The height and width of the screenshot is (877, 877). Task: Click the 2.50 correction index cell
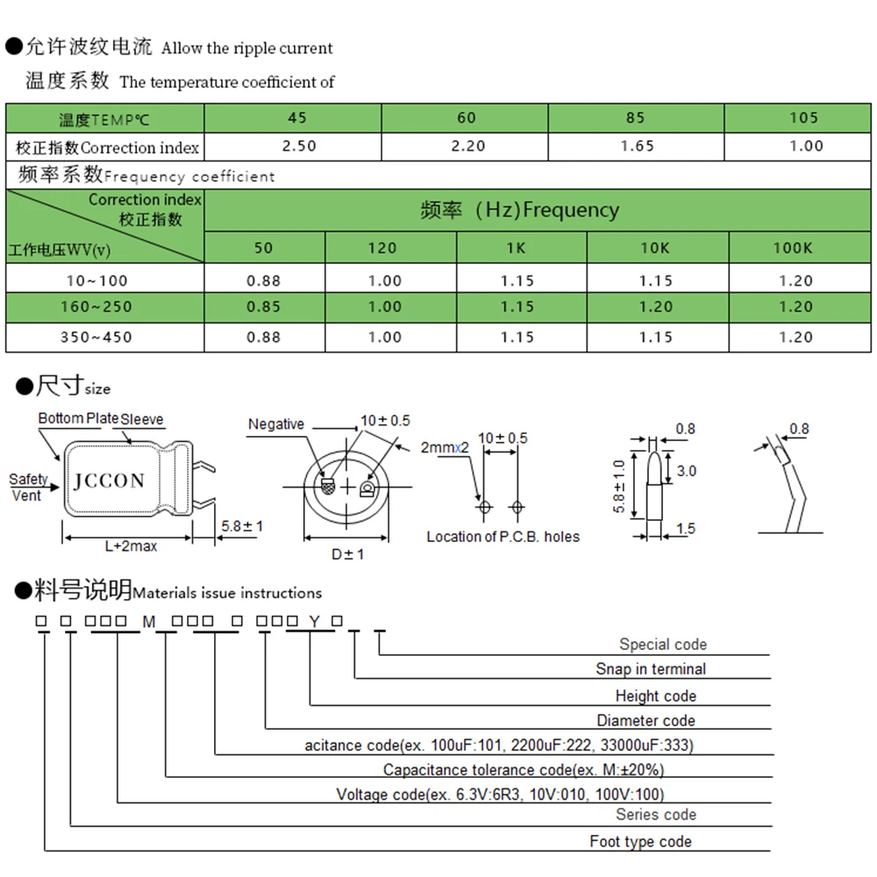(300, 146)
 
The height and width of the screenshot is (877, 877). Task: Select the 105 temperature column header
(803, 118)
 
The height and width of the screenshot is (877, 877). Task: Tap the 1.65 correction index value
(637, 146)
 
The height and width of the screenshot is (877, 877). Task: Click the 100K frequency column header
(792, 247)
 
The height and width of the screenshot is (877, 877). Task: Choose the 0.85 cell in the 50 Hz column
(264, 307)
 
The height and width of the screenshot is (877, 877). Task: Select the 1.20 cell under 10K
(655, 307)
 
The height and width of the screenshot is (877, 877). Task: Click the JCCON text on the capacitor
(109, 481)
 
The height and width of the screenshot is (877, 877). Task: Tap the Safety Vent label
(27, 487)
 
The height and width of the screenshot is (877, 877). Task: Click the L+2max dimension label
(131, 546)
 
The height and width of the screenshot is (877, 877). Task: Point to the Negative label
(275, 424)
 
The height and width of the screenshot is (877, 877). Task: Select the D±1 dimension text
(347, 554)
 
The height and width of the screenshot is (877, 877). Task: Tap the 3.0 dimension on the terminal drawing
(688, 471)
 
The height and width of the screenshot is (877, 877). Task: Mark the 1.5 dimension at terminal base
(687, 528)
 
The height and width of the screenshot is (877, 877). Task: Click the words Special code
(662, 645)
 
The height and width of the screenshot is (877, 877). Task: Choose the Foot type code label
(640, 842)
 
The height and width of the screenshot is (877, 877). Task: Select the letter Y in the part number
(313, 621)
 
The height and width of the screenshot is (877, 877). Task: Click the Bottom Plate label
(77, 418)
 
